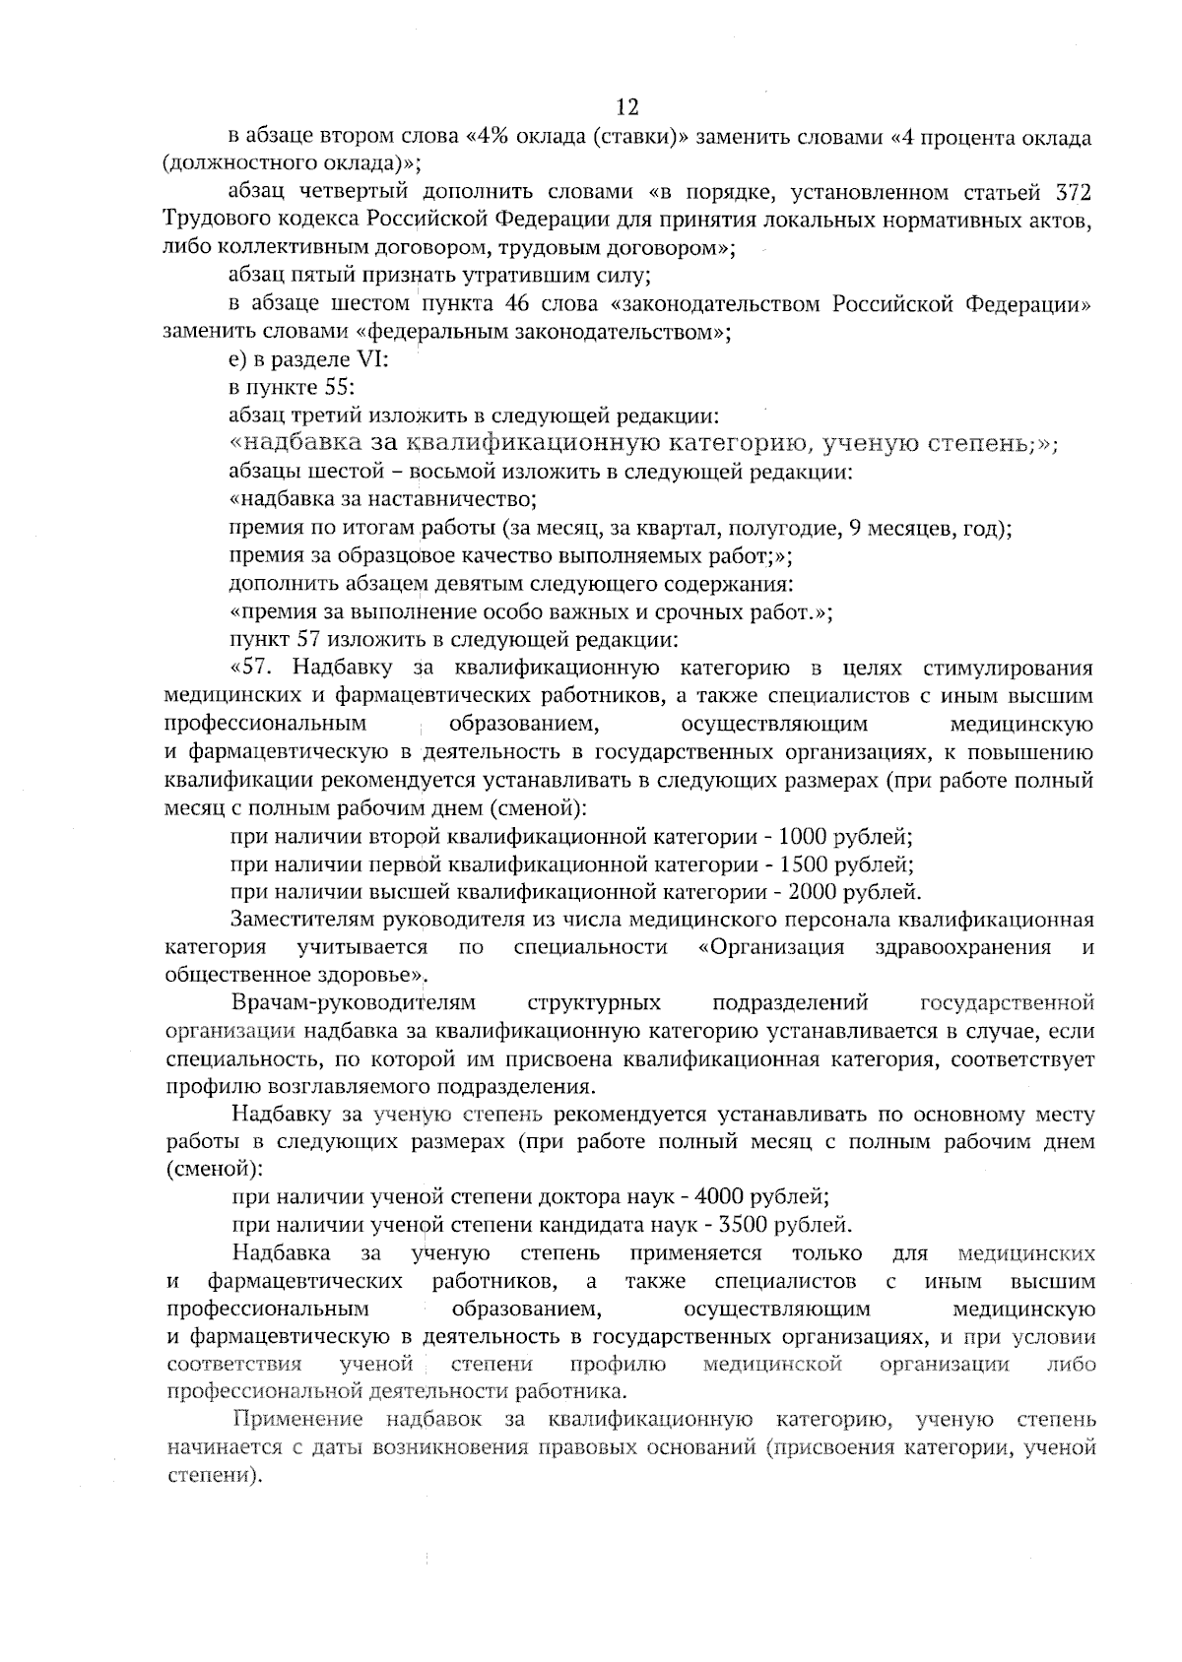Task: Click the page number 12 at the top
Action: (627, 106)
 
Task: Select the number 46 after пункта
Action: (518, 303)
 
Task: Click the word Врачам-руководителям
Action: (354, 1003)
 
